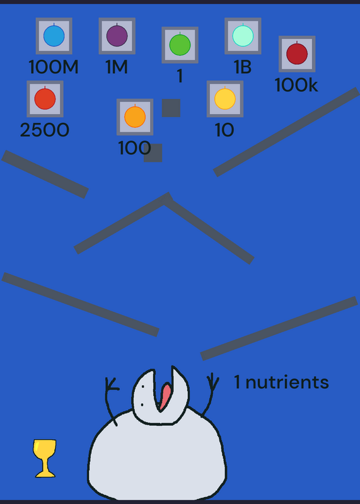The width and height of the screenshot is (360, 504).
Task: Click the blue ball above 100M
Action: tap(54, 36)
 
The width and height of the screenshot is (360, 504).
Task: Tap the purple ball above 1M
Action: tap(117, 36)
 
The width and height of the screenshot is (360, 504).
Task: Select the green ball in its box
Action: tap(180, 45)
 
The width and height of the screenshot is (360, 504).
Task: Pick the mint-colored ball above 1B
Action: tap(243, 36)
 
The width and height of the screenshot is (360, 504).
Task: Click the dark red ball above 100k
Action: tap(296, 54)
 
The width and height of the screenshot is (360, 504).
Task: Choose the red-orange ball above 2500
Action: tap(45, 99)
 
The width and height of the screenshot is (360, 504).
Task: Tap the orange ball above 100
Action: tap(135, 117)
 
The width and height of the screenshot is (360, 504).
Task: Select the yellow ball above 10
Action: tap(225, 99)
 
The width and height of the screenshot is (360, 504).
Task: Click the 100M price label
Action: tap(54, 67)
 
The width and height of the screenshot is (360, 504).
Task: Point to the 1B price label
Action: tap(243, 67)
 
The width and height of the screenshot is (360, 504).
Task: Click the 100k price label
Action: tap(296, 85)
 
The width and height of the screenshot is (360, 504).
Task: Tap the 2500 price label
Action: tap(44, 130)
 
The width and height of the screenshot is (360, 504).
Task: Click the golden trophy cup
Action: tap(45, 459)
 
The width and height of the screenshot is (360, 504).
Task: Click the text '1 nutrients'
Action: tap(281, 382)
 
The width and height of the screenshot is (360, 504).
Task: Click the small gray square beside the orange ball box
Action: tap(171, 108)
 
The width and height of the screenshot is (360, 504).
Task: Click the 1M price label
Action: tap(117, 67)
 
